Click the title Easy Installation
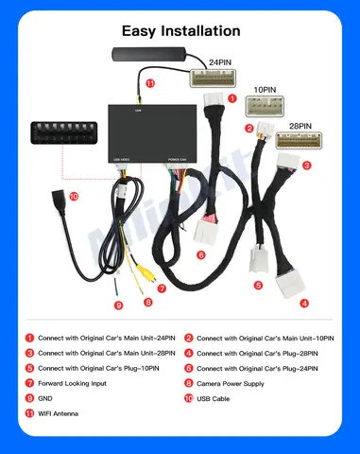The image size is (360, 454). tap(180, 31)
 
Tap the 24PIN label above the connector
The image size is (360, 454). tap(219, 62)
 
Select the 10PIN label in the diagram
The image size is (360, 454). tap(266, 93)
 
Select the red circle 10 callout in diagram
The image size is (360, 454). tap(74, 197)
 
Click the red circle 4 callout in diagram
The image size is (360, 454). tap(303, 304)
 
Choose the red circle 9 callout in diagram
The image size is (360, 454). tap(119, 305)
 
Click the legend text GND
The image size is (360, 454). tap(44, 398)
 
